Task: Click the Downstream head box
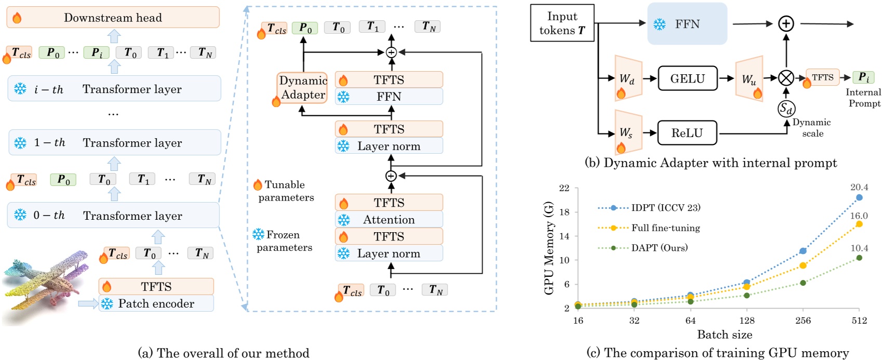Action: point(113,18)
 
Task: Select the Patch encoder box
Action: point(156,304)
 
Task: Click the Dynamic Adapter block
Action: point(302,88)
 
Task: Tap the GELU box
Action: point(687,78)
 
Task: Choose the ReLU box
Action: point(687,133)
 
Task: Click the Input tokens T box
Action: point(562,23)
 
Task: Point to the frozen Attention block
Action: point(389,220)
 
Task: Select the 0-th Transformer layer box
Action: point(113,215)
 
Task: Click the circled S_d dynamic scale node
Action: point(786,109)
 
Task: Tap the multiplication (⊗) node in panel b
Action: point(786,78)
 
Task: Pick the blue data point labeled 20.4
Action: point(859,197)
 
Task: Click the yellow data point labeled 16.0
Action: point(859,224)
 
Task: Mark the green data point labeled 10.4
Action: point(859,258)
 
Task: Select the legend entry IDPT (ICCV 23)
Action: point(666,208)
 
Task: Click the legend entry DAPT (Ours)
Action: point(659,248)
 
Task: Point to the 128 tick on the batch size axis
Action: point(746,321)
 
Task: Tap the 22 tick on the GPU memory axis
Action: point(564,188)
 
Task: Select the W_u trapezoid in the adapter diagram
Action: point(749,78)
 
